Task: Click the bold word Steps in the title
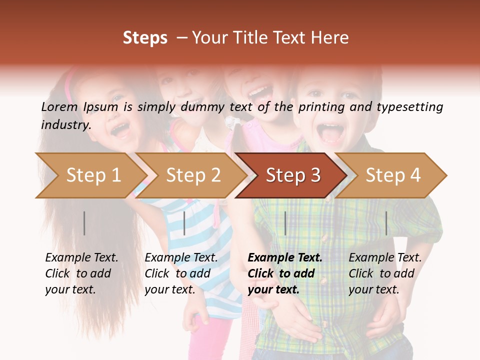tap(145, 38)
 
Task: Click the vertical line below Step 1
tap(84, 223)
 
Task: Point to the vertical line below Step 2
tap(184, 223)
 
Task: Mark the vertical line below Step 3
tap(285, 223)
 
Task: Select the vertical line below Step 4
tap(386, 223)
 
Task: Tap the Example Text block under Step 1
tap(81, 273)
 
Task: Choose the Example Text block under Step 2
tap(181, 273)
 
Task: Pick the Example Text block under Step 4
tap(385, 273)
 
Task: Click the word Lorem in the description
tap(59, 106)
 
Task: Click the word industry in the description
tap(66, 124)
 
